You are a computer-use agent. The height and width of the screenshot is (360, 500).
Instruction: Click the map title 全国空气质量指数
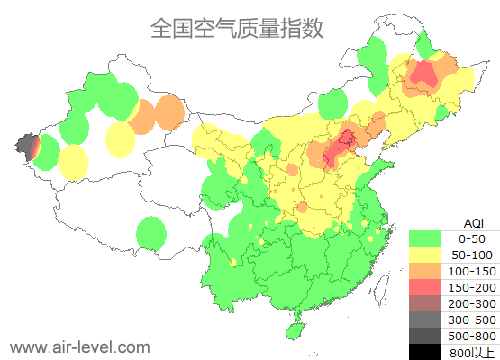pos(237,28)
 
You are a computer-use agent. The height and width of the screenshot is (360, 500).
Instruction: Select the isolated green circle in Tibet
pos(151,234)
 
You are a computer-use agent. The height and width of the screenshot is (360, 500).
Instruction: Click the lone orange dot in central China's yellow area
pos(292,170)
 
